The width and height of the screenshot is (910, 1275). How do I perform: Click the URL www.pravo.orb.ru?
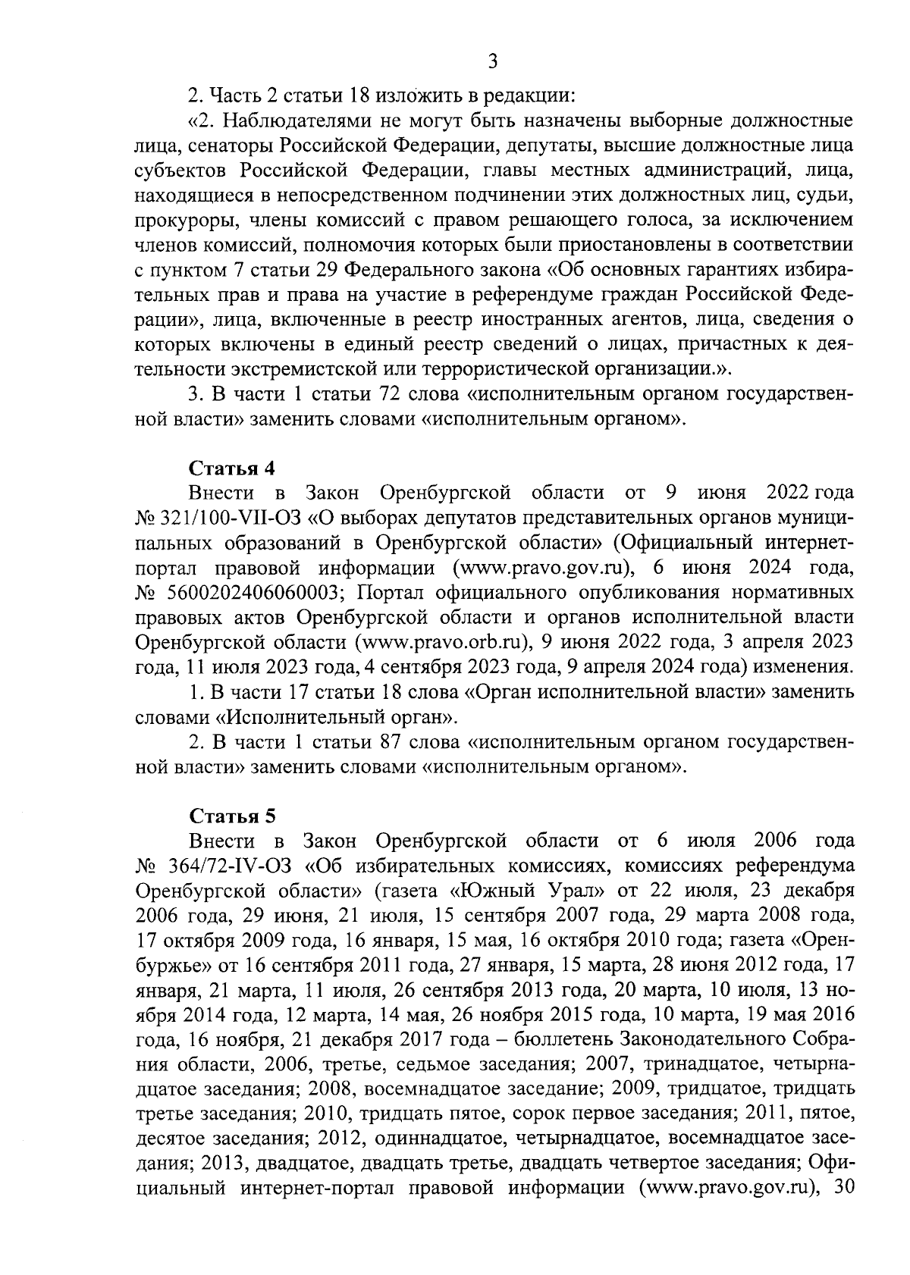pos(447,642)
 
